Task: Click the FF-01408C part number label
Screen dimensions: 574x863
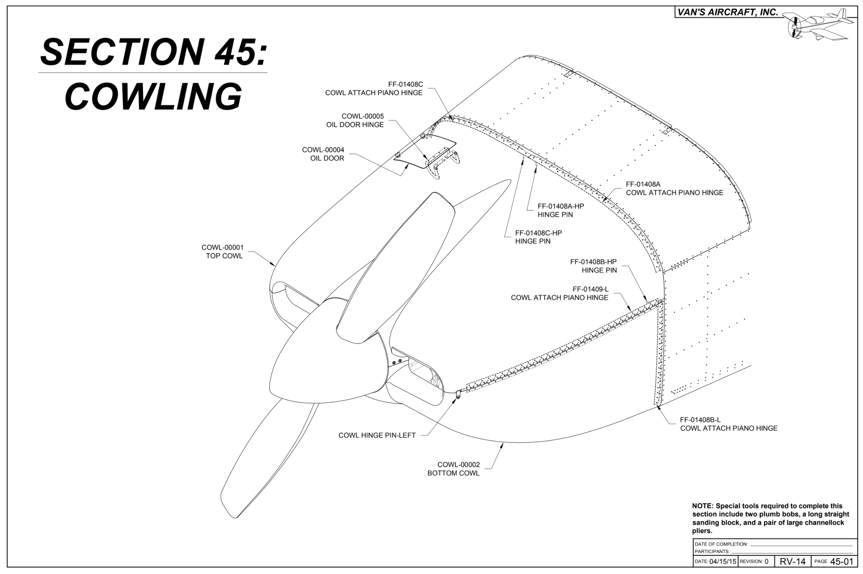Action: pyautogui.click(x=405, y=84)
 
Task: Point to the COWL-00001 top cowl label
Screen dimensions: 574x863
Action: pyautogui.click(x=222, y=252)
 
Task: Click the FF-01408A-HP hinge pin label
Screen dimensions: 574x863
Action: pyautogui.click(x=561, y=210)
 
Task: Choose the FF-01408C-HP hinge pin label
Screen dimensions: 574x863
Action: pyautogui.click(x=538, y=237)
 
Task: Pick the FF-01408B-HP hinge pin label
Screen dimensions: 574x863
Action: pyautogui.click(x=593, y=266)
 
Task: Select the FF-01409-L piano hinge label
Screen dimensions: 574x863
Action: pyautogui.click(x=559, y=293)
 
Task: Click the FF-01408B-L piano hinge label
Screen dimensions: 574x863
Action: pyautogui.click(x=728, y=424)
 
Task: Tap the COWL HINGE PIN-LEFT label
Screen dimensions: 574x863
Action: pyautogui.click(x=377, y=435)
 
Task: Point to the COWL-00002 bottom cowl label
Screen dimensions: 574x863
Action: pyautogui.click(x=453, y=469)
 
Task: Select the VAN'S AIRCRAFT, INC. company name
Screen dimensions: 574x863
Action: pyautogui.click(x=727, y=12)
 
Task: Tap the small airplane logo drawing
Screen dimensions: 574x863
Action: pyautogui.click(x=819, y=25)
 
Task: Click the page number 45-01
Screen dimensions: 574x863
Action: pyautogui.click(x=842, y=561)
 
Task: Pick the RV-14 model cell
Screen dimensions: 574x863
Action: pyautogui.click(x=792, y=561)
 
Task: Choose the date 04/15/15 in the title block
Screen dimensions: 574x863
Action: pyautogui.click(x=722, y=561)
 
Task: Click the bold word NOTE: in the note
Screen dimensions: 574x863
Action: pyautogui.click(x=703, y=506)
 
